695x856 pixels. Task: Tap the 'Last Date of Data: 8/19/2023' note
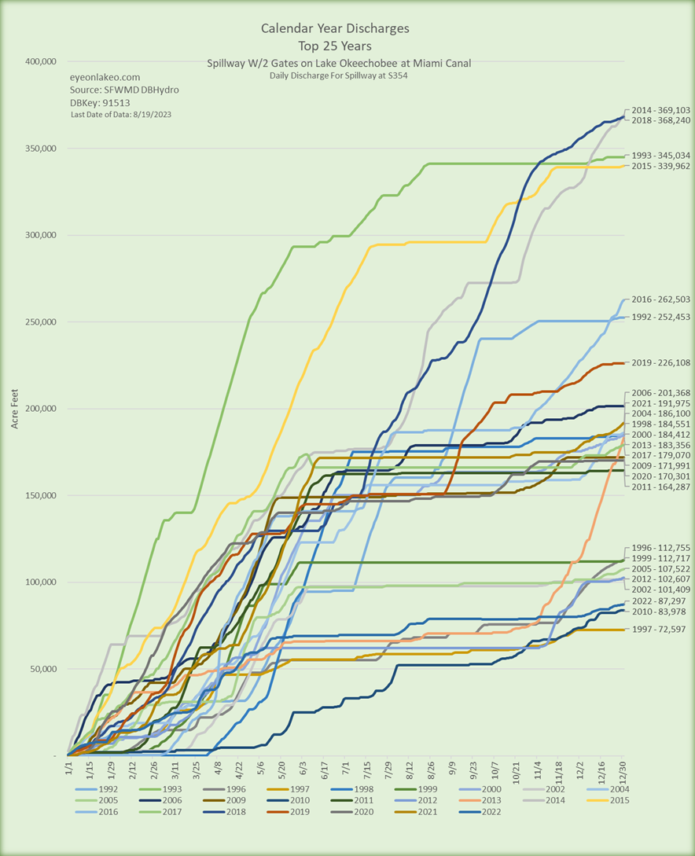(120, 115)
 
